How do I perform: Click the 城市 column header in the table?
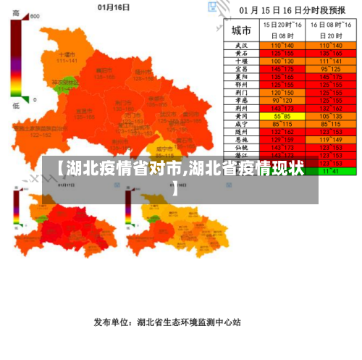pos(241,30)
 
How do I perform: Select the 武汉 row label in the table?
pos(241,46)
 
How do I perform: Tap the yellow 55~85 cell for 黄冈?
pos(282,115)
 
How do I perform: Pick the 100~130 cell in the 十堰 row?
pos(282,62)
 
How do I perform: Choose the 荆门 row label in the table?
pos(241,93)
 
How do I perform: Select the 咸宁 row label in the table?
pos(241,123)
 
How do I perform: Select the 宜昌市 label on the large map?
pos(84,110)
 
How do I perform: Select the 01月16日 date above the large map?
pos(113,7)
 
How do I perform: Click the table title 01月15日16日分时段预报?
pos(292,11)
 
